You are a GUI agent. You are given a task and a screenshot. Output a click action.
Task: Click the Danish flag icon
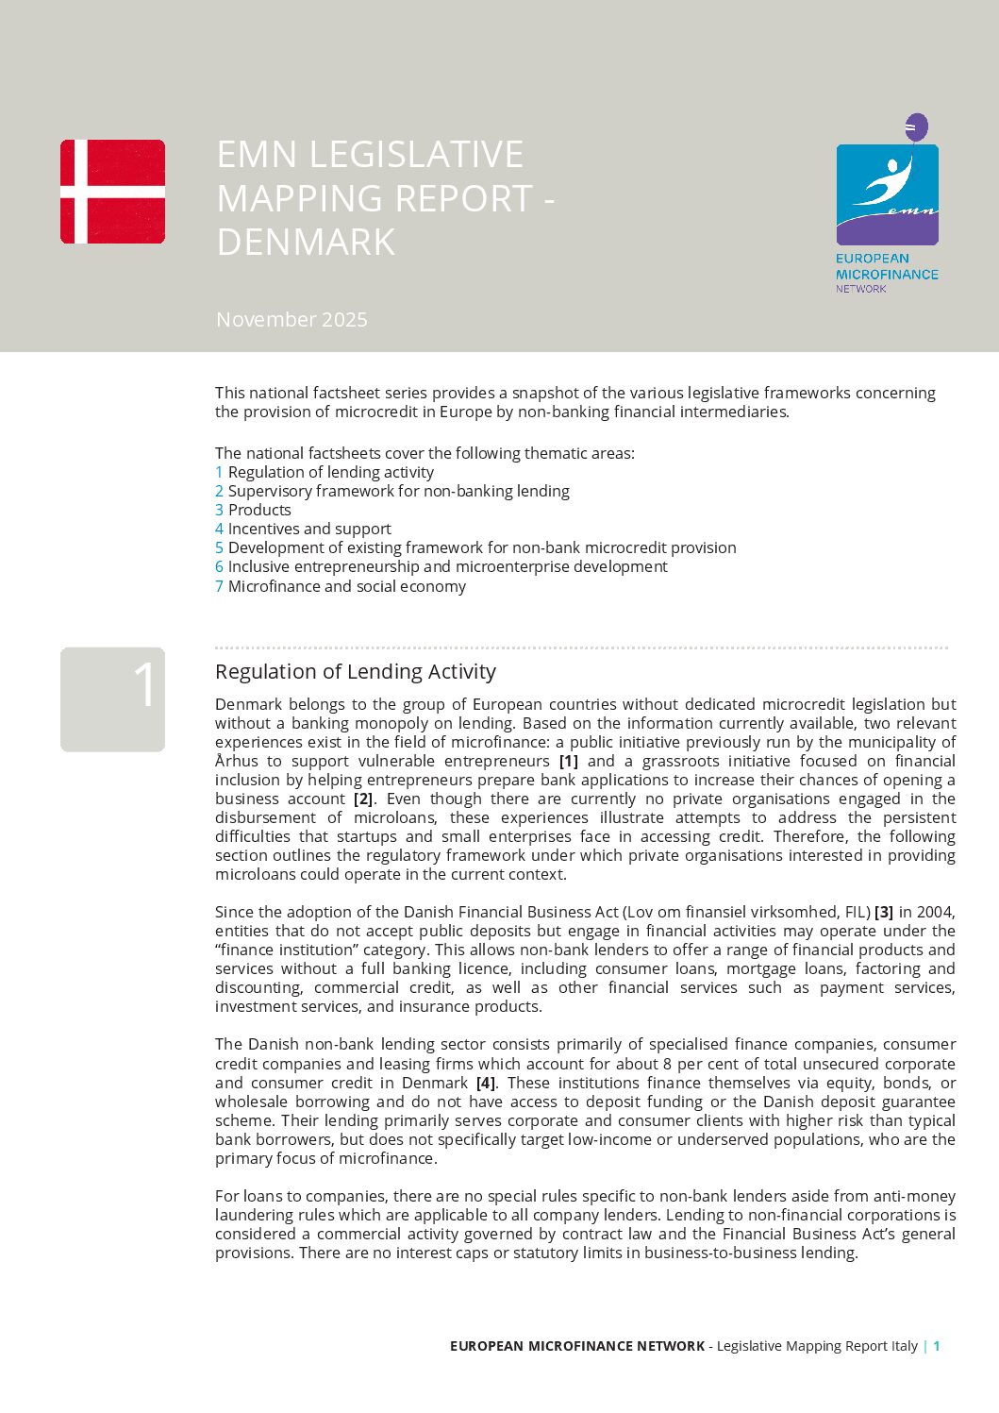[112, 192]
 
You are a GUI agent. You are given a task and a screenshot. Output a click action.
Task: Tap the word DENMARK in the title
[306, 243]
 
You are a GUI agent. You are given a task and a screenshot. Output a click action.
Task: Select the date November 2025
[291, 320]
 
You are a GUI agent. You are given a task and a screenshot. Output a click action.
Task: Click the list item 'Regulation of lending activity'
[330, 472]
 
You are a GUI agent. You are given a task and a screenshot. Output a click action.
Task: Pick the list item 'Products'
[259, 510]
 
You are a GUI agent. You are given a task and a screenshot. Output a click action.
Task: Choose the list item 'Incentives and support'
[308, 529]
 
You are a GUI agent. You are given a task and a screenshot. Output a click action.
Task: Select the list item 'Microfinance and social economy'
[346, 586]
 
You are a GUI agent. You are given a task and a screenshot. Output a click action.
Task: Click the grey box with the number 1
[112, 699]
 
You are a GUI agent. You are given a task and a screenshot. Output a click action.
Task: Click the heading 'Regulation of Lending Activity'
[355, 671]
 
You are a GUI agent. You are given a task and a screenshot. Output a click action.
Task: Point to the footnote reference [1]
[568, 761]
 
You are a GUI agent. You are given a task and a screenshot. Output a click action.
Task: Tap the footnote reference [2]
[363, 799]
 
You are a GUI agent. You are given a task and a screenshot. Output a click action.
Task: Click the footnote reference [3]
[884, 912]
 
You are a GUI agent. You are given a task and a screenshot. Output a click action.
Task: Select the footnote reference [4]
[485, 1083]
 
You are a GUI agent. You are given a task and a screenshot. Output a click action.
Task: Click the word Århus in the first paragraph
[235, 761]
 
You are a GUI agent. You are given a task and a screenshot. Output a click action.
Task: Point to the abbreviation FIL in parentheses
[854, 912]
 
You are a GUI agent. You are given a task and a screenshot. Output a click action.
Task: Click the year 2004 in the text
[936, 912]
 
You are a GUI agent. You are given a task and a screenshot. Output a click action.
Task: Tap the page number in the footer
[937, 1346]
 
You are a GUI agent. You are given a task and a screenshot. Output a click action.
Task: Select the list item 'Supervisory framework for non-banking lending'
[398, 491]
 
